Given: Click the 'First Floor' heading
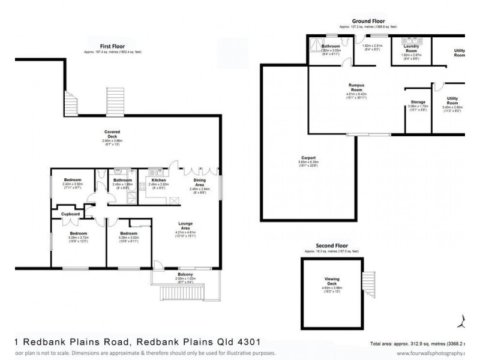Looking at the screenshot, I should point(112,46).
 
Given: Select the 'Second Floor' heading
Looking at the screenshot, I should point(332,247).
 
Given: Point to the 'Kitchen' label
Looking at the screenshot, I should point(158,180).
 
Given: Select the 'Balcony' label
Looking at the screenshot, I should point(184,274).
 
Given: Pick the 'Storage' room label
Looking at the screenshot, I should point(418,103).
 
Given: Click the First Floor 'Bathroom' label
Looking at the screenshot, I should point(122,180).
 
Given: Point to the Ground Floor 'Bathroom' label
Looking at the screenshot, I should point(331,46).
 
